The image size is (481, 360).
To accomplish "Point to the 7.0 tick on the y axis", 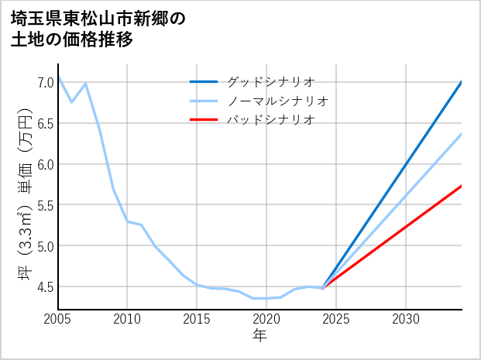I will point(45,82).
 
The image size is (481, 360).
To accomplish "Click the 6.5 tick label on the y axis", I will point(45,123).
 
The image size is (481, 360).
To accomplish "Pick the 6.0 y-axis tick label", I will point(45,164).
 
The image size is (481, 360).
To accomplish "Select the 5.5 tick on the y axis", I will point(45,205).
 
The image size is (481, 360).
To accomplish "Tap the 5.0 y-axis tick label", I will point(45,246).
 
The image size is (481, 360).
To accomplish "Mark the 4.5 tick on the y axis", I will point(45,287).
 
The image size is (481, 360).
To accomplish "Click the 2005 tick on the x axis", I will point(58,319).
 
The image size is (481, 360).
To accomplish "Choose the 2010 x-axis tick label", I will point(127,319).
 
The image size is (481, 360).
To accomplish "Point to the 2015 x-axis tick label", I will point(197,319).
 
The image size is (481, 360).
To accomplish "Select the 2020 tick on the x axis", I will point(266,319).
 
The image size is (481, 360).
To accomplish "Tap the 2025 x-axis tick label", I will point(336,319).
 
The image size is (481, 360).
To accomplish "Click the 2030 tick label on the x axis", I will point(406,319).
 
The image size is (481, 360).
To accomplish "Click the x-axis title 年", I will point(259,336).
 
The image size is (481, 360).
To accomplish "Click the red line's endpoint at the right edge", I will point(462,186).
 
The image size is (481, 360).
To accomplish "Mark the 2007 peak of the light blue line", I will point(85,84).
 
